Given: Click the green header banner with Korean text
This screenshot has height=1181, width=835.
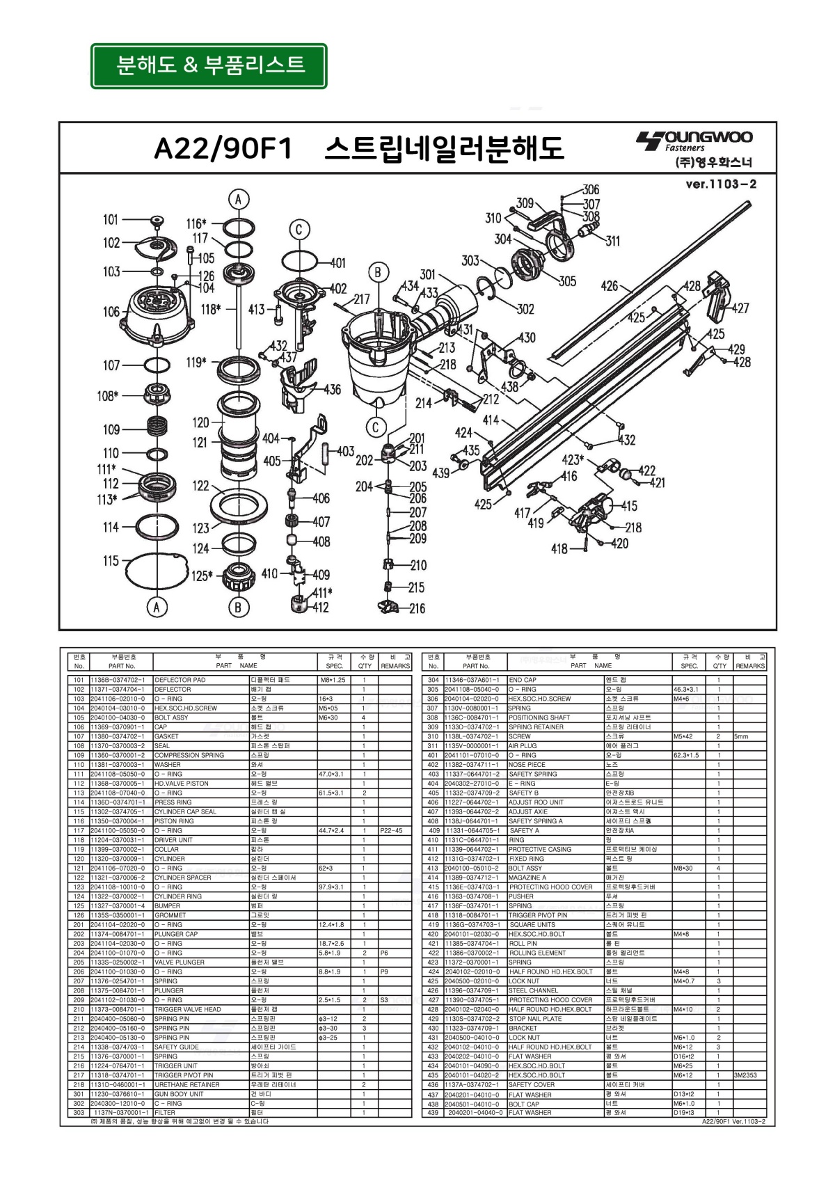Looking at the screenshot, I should coord(209,66).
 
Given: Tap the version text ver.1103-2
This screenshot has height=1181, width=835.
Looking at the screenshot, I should coord(721,184).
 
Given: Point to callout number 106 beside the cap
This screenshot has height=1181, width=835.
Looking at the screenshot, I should coord(111,312).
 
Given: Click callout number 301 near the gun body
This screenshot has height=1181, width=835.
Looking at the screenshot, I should coord(427,275).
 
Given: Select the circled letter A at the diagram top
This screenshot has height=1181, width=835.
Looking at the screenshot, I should coord(238,200).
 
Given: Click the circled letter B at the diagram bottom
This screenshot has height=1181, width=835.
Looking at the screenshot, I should coord(238,607).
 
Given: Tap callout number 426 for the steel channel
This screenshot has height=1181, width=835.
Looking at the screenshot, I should coord(610,285).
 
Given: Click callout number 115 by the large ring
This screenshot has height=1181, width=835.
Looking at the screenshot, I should coord(111,561).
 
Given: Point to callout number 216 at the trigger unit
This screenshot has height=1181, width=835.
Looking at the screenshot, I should coord(416,608).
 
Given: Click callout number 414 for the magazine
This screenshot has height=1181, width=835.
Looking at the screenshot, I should coord(491,420).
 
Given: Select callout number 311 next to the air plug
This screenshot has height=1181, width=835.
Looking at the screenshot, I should coord(612,241).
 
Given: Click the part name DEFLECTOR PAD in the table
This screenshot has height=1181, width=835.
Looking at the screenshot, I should coord(180,680).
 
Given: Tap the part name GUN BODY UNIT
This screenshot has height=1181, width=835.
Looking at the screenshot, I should coord(179,1093).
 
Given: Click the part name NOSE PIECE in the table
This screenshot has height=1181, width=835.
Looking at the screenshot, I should coord(527,764).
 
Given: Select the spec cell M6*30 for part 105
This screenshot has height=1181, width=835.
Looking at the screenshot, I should coord(328,718).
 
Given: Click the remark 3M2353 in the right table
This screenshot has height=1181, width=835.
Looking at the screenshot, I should coord(745,1075).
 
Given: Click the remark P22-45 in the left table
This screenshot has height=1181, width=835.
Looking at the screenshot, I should coord(391,830).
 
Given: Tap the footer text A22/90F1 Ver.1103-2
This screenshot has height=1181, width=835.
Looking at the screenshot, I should coord(733,1121).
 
